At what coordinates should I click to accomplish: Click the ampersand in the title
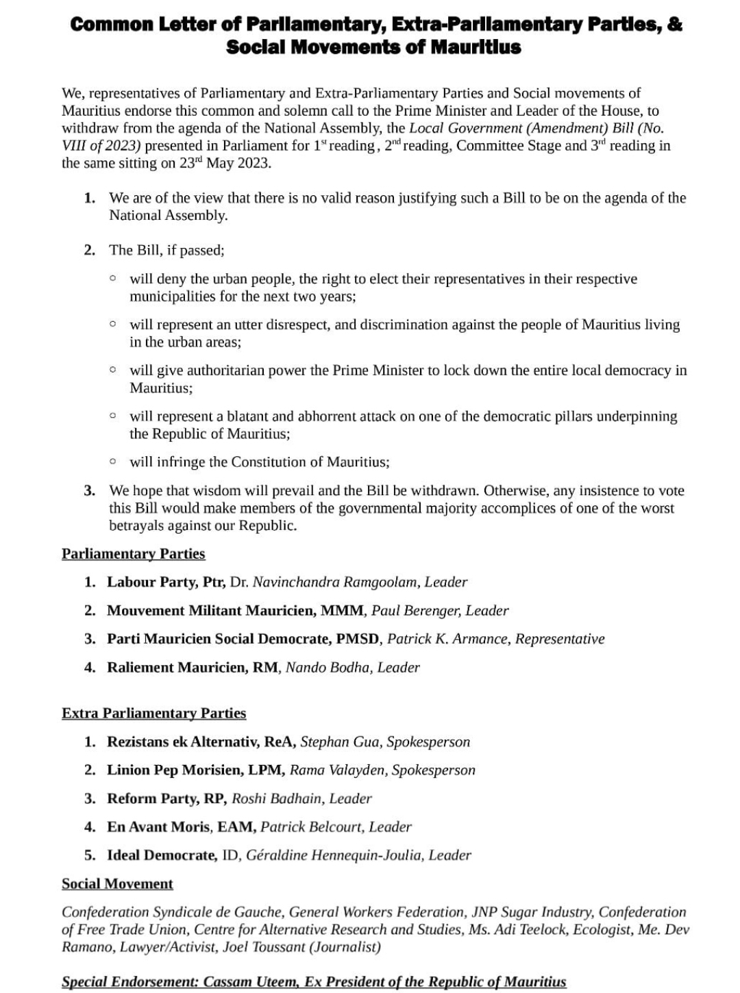tap(676, 24)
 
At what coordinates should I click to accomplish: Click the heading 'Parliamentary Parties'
tap(134, 553)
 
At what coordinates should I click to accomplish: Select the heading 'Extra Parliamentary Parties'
tap(153, 713)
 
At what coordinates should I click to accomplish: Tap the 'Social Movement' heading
tap(117, 883)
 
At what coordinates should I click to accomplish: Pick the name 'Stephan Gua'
tap(340, 742)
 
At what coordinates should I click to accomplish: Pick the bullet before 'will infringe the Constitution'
tap(113, 461)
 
